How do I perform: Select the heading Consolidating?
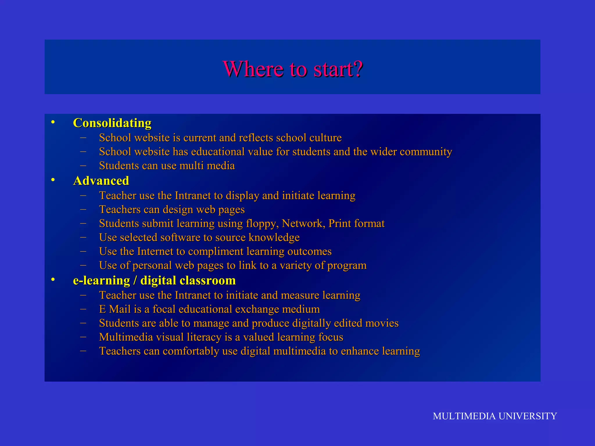pos(112,123)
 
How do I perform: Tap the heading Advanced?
pos(101,181)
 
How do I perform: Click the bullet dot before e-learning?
pos(53,280)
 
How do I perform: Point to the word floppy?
pos(262,224)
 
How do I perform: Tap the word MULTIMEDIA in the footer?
pos(464,416)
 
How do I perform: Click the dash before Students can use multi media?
pos(83,166)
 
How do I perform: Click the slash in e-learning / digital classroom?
pos(135,281)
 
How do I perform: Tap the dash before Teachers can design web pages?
pos(83,209)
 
